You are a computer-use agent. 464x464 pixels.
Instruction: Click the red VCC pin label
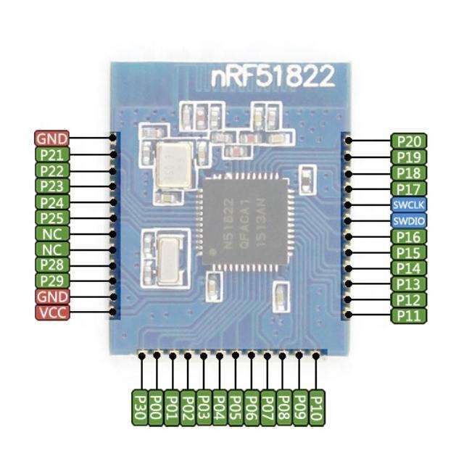(x=52, y=312)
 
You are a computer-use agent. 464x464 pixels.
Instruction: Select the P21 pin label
(x=52, y=154)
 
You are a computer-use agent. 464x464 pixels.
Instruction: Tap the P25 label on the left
(x=52, y=217)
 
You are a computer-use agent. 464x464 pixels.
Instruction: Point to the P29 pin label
(x=52, y=281)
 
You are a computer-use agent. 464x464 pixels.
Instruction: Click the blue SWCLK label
(x=409, y=204)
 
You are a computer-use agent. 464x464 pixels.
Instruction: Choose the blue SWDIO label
(x=409, y=220)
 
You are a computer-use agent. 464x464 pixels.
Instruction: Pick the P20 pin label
(x=409, y=141)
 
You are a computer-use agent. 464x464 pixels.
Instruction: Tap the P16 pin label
(x=409, y=236)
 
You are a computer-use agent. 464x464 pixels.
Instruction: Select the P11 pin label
(x=409, y=316)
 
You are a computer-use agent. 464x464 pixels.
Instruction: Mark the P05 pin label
(x=236, y=407)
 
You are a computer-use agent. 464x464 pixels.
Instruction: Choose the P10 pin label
(x=315, y=407)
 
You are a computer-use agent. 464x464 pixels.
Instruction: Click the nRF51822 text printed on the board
(x=273, y=76)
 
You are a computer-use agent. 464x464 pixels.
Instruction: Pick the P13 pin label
(x=409, y=284)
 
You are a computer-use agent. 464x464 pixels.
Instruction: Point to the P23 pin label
(x=52, y=186)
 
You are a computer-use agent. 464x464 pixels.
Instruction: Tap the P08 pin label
(x=283, y=407)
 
